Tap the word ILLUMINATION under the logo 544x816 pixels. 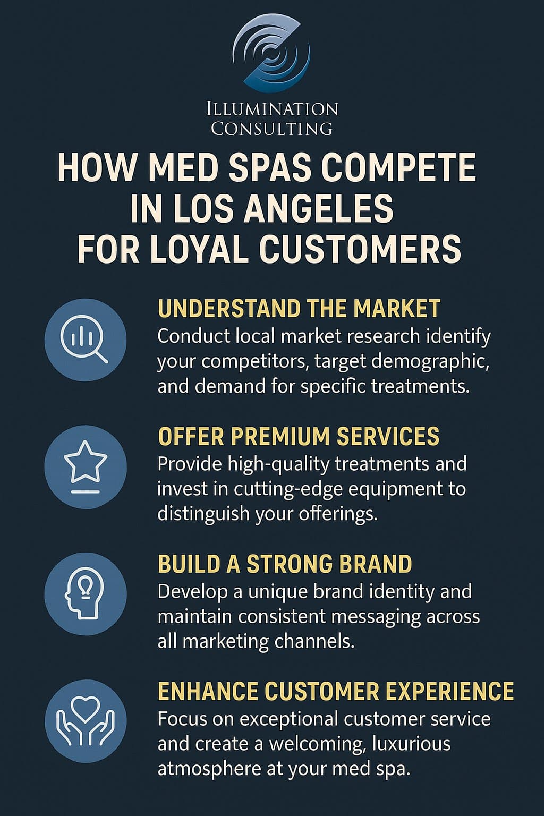[271, 109]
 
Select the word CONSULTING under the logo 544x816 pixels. [271, 129]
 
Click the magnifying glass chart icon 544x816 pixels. [85, 338]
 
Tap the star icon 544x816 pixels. [85, 466]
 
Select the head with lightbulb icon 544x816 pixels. [85, 593]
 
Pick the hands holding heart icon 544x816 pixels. [85, 721]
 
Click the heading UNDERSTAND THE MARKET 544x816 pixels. [299, 309]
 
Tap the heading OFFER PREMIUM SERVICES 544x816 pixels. [299, 436]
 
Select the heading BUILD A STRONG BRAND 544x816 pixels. [285, 564]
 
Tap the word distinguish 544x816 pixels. [203, 514]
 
